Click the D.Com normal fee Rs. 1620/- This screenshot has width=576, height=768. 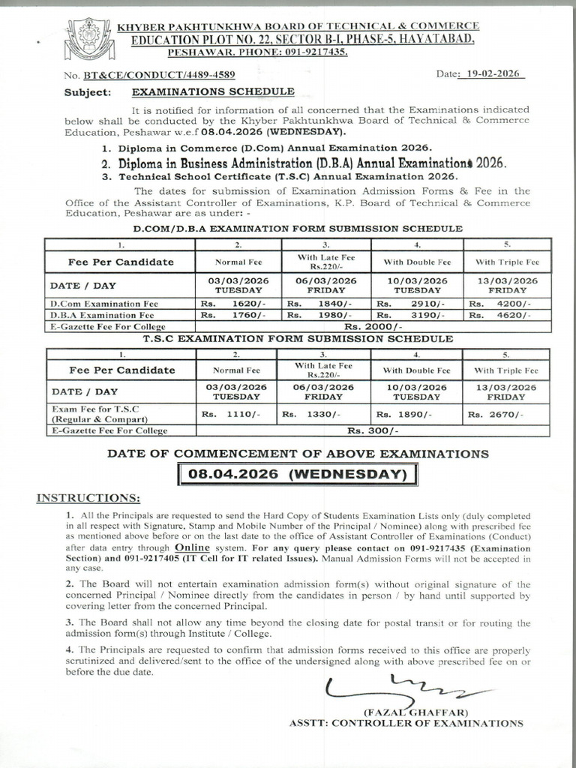(237, 304)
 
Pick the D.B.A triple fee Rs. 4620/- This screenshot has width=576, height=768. (508, 316)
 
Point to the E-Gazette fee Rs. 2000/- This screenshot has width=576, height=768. (373, 327)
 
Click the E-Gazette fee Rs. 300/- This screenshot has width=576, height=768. (373, 431)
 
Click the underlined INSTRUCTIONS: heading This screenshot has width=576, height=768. (88, 499)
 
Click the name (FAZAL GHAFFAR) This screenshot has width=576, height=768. (416, 712)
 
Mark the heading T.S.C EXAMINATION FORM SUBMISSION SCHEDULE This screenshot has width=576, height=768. (298, 339)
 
